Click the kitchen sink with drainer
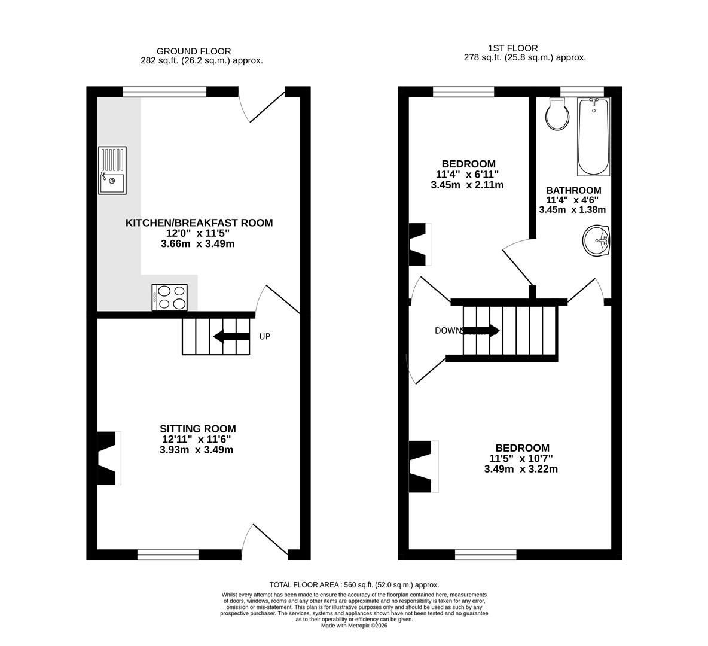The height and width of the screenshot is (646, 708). (112, 171)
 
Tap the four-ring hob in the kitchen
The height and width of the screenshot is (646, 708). (170, 297)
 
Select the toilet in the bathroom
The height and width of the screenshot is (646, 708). (558, 114)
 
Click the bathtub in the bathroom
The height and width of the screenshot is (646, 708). (593, 136)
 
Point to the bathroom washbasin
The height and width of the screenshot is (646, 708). (596, 241)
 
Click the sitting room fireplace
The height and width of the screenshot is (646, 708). (108, 458)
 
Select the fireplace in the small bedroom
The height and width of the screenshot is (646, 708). (419, 244)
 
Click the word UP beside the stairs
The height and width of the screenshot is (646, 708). (264, 337)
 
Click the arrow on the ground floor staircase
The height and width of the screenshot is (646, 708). (231, 337)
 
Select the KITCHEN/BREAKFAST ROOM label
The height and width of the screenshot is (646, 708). (199, 223)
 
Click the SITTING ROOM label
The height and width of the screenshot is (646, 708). (197, 429)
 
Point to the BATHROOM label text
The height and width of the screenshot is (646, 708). (573, 190)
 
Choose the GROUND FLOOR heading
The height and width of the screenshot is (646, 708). (193, 51)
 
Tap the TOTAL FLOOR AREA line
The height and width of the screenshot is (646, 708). (354, 585)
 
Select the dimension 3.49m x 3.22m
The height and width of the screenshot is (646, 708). (521, 469)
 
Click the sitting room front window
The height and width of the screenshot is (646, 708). (168, 554)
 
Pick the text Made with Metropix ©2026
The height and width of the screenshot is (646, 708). (354, 626)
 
